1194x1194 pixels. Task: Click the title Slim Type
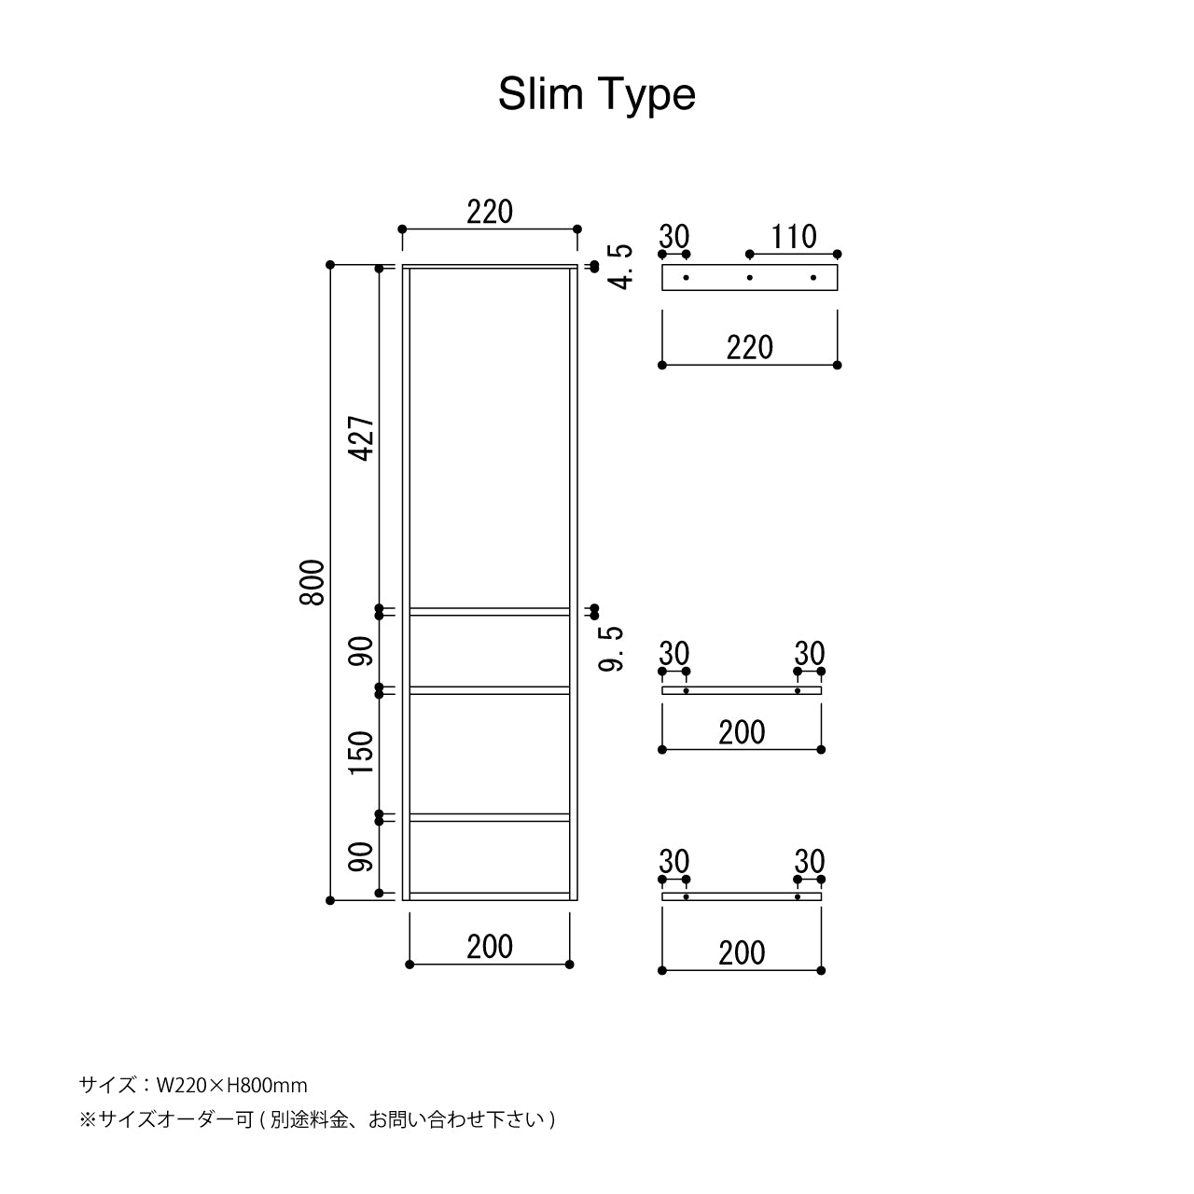pos(597,94)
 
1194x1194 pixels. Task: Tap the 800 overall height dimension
pos(312,583)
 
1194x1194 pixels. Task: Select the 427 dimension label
pos(363,438)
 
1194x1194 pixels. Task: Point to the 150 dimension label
pos(363,753)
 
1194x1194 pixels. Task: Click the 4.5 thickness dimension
pos(621,267)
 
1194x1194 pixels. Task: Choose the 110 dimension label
pos(793,237)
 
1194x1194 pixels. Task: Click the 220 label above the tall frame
pos(490,213)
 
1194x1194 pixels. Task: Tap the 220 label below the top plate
pos(750,348)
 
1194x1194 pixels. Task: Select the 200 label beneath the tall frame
pos(490,947)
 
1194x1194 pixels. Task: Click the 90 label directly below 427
pos(363,651)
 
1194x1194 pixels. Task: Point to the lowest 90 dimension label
pos(363,856)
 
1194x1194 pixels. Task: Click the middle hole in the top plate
pos(749,277)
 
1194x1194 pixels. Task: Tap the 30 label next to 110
pos(673,237)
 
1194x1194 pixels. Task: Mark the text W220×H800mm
pos(231,1085)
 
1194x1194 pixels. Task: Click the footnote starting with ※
pos(317,1118)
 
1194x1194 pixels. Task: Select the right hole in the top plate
pos(813,277)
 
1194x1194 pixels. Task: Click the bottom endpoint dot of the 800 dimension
pos(330,900)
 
